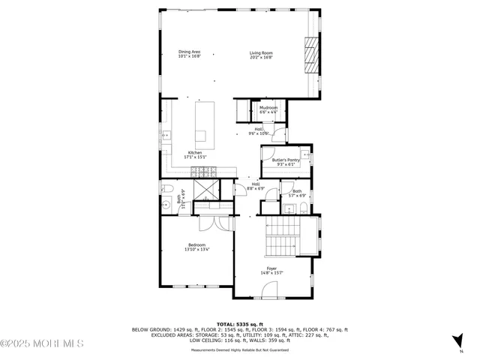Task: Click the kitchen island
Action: click(200, 123)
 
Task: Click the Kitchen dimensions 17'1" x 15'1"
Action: click(195, 157)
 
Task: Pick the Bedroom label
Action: click(196, 248)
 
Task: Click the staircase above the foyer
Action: click(283, 235)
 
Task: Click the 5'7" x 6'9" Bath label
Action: click(297, 193)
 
